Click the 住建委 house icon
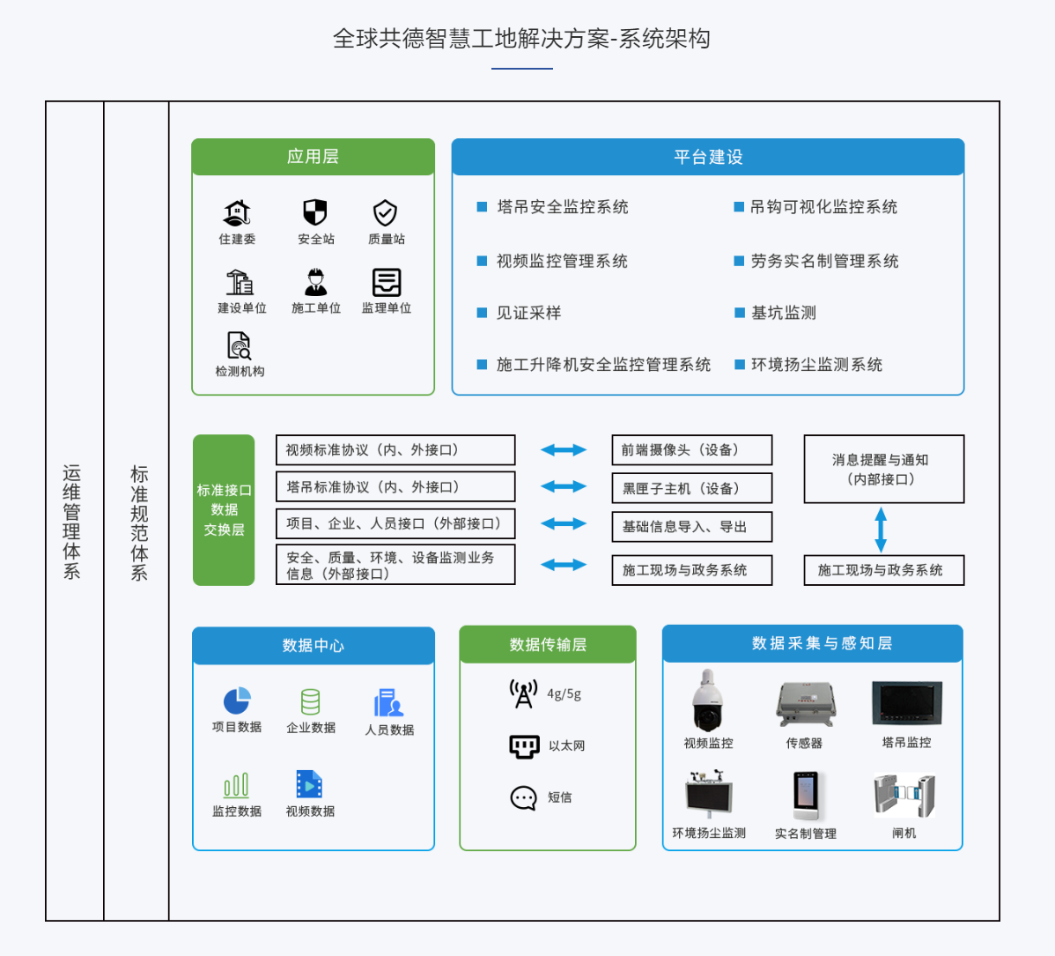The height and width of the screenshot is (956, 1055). pyautogui.click(x=237, y=213)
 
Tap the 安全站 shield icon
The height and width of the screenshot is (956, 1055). pyautogui.click(x=315, y=212)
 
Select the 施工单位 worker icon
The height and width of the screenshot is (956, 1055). pyautogui.click(x=315, y=282)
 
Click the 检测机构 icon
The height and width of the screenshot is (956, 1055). pyautogui.click(x=239, y=345)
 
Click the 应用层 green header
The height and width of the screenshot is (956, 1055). pyautogui.click(x=313, y=157)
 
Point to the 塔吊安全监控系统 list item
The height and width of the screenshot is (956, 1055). pyautogui.click(x=562, y=207)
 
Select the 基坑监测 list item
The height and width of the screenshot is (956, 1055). pyautogui.click(x=783, y=313)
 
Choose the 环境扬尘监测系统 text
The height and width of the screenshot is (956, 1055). pyautogui.click(x=816, y=365)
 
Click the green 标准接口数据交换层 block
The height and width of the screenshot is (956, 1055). pyautogui.click(x=224, y=510)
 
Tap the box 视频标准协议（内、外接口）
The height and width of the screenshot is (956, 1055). pyautogui.click(x=395, y=450)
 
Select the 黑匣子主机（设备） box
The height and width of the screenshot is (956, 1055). pyautogui.click(x=691, y=488)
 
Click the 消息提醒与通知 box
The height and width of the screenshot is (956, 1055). pyautogui.click(x=883, y=469)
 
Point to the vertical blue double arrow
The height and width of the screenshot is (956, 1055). pyautogui.click(x=881, y=530)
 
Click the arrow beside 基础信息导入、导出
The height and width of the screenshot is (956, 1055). pyautogui.click(x=564, y=524)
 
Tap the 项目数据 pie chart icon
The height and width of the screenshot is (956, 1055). pyautogui.click(x=237, y=701)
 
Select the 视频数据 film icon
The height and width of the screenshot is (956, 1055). pyautogui.click(x=309, y=784)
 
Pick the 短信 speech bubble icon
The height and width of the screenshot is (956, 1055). pyautogui.click(x=523, y=798)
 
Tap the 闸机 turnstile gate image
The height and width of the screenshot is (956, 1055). pyautogui.click(x=904, y=795)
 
